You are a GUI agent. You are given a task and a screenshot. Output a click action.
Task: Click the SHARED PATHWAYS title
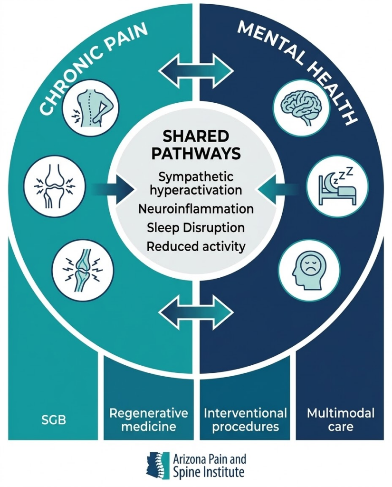point(195,145)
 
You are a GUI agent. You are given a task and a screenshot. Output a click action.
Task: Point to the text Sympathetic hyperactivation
point(196,184)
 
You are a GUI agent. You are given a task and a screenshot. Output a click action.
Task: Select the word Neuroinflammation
point(196,209)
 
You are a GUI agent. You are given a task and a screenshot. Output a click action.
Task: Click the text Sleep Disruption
point(196,228)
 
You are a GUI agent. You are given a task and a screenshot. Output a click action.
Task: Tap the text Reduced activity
point(196,246)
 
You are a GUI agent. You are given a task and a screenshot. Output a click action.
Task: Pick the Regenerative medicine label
point(149,419)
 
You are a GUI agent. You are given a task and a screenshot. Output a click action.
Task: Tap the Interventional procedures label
point(245,419)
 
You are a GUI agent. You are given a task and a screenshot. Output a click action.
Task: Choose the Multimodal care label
point(340,419)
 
